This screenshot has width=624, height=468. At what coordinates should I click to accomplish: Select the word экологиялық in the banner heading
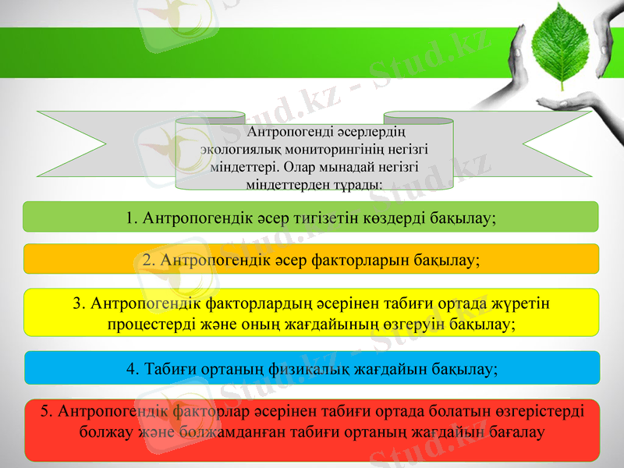[236, 148]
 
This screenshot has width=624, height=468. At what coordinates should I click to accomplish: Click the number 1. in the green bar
[131, 218]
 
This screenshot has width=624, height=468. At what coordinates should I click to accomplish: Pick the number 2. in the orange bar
[149, 260]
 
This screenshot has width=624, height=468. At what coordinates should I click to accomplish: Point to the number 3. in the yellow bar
[79, 303]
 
